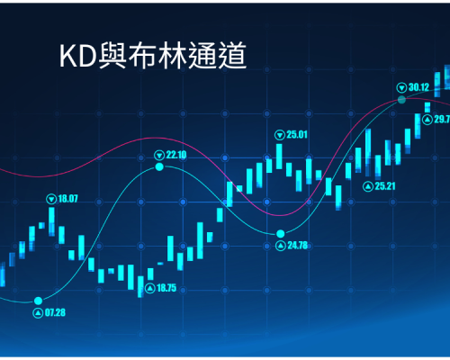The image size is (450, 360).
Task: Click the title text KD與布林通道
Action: (x=153, y=56)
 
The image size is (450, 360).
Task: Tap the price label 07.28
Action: (x=55, y=313)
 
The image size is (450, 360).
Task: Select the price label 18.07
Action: (x=67, y=199)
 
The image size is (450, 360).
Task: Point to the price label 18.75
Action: (x=166, y=288)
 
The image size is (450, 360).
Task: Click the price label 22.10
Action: (x=176, y=155)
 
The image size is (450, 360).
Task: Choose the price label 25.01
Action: (x=297, y=135)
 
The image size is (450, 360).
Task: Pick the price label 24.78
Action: (x=298, y=246)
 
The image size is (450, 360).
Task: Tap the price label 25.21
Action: (x=385, y=186)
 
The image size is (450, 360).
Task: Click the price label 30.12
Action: (x=418, y=87)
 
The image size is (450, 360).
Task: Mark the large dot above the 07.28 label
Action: (x=38, y=301)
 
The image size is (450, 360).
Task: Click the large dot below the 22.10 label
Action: (x=159, y=166)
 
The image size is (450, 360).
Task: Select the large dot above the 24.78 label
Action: (x=281, y=233)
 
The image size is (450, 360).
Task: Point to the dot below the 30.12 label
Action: (x=401, y=100)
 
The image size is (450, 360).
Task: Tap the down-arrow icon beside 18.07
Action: (x=51, y=199)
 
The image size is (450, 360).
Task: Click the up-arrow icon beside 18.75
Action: (x=150, y=288)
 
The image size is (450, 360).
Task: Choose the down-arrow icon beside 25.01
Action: (x=280, y=135)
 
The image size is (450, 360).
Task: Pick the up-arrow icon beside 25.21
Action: (x=368, y=186)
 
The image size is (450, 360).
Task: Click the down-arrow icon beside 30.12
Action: (x=401, y=88)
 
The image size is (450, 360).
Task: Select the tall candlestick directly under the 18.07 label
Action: (x=51, y=221)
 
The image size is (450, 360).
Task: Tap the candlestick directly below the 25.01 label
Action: (x=279, y=157)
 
